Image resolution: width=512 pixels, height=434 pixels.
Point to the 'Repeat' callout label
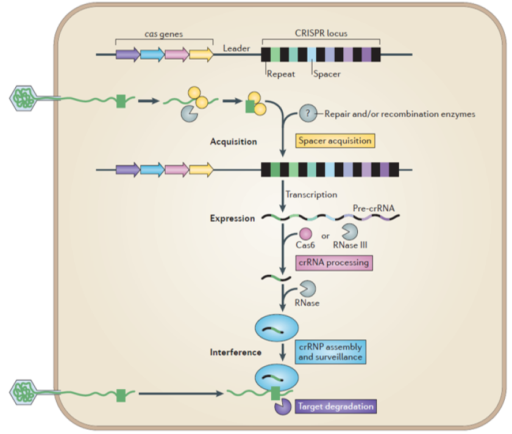pyautogui.click(x=280, y=74)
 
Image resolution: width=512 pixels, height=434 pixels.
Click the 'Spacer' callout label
pyautogui.click(x=327, y=74)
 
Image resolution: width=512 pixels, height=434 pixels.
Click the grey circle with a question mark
pyautogui.click(x=307, y=113)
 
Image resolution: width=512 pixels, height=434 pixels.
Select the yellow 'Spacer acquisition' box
pyautogui.click(x=334, y=140)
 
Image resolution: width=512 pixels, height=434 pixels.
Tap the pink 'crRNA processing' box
pyautogui.click(x=333, y=262)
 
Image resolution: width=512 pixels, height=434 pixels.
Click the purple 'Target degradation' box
pyautogui.click(x=334, y=405)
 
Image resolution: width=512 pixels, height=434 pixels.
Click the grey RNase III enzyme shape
pyautogui.click(x=349, y=233)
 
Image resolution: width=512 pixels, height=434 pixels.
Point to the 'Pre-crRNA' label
pyautogui.click(x=373, y=208)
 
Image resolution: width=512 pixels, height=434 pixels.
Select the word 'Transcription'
pyautogui.click(x=311, y=195)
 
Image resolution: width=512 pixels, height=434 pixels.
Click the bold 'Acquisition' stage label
pyautogui.click(x=233, y=142)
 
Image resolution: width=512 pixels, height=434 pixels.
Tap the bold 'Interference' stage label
pyautogui.click(x=235, y=352)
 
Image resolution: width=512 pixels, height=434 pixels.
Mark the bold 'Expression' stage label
pyautogui.click(x=232, y=218)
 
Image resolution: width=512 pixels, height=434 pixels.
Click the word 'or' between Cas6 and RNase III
pyautogui.click(x=325, y=235)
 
